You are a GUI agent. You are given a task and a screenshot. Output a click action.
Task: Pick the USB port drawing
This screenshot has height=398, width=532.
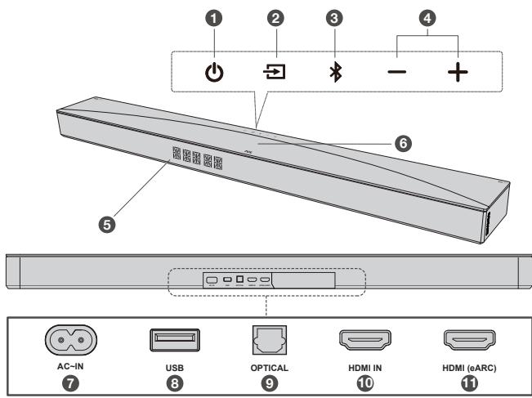click(173, 339)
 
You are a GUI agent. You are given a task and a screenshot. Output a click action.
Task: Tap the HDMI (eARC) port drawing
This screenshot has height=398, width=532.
click(460, 339)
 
